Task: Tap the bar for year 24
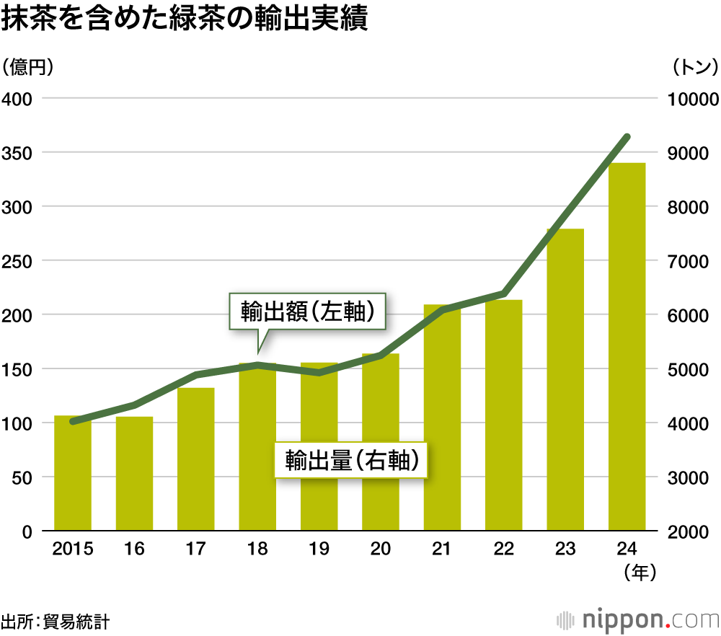[627, 347]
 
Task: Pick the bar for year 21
[442, 418]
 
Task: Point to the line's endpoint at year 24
[627, 136]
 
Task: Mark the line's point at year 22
[503, 293]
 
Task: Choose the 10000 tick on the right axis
[693, 99]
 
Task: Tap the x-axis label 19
[319, 549]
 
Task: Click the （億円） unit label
[29, 68]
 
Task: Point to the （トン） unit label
[694, 68]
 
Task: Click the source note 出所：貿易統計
[56, 620]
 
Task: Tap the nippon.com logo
[638, 619]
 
